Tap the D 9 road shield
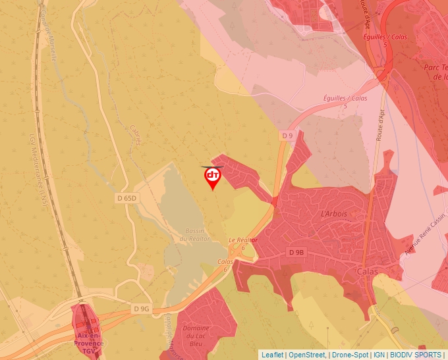click(287, 136)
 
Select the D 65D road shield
click(127, 198)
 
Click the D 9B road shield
click(296, 252)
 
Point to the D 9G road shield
click(141, 309)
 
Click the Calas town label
click(366, 271)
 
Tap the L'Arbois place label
click(333, 215)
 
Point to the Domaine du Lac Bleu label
click(196, 336)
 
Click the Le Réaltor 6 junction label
click(242, 244)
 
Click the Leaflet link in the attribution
click(273, 355)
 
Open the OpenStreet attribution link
click(307, 355)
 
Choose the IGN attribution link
click(379, 355)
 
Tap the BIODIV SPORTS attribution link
click(416, 355)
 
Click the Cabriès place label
click(136, 135)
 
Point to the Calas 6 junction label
click(225, 265)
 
